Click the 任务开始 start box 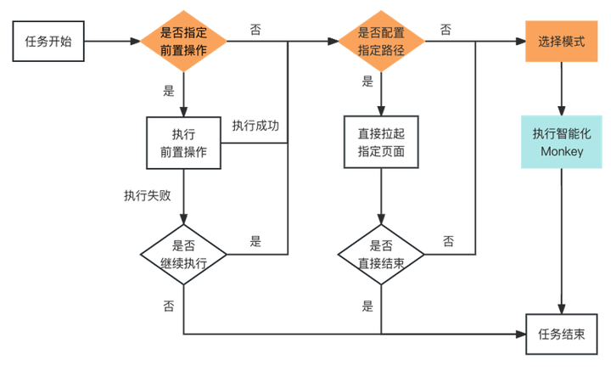coord(48,41)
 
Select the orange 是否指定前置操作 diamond coord(183,41)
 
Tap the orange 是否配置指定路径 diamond coord(381,41)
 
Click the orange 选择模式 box coord(561,41)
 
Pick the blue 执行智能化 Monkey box coord(561,143)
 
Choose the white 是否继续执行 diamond coord(183,253)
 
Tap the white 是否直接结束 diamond coord(381,253)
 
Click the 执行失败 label coord(148,195)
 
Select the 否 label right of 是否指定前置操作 coord(255,29)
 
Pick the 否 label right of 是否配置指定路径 coord(446,29)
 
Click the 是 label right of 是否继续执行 coord(255,241)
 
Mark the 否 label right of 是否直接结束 coord(447,241)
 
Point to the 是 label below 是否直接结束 coord(367,306)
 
